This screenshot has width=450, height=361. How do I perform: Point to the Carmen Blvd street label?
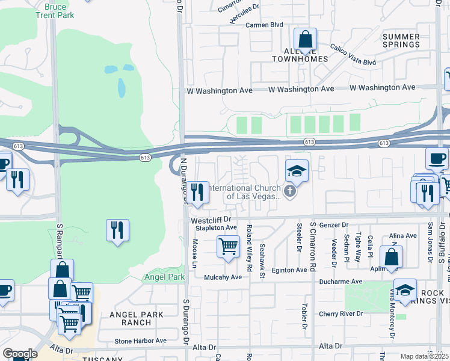(x=264, y=25)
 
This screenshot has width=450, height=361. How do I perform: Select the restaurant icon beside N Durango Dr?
(x=197, y=193)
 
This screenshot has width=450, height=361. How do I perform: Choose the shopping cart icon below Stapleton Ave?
(x=228, y=246)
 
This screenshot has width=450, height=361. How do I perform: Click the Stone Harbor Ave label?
(x=140, y=341)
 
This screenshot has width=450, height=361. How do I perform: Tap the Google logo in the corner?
(x=20, y=353)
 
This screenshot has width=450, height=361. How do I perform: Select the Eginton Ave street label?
(x=289, y=270)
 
